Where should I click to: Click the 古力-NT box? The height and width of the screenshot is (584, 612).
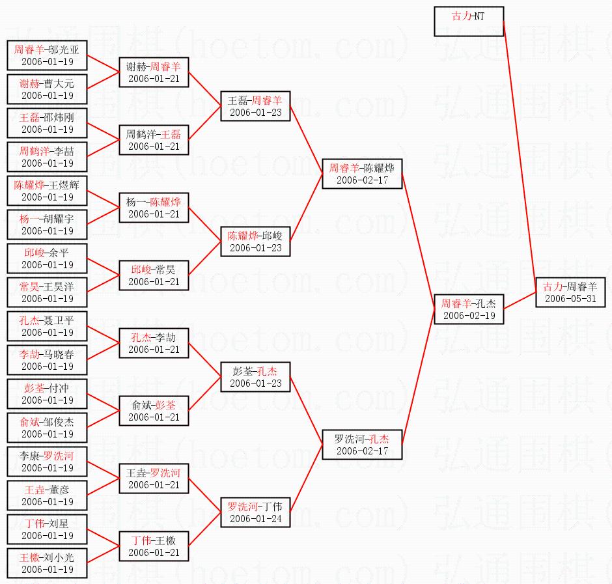click(x=469, y=21)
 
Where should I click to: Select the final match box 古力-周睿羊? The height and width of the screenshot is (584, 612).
click(x=570, y=292)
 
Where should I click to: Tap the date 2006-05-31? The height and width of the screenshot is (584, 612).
click(x=570, y=299)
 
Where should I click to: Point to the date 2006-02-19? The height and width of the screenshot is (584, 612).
click(x=469, y=316)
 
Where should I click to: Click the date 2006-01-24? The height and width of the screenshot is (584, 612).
click(x=255, y=519)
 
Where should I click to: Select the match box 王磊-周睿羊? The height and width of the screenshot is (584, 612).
click(x=255, y=106)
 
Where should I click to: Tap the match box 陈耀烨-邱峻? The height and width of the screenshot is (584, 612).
click(x=255, y=242)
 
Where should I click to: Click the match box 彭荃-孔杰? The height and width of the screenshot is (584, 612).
click(x=255, y=377)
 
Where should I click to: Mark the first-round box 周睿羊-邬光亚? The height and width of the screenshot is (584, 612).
click(x=47, y=55)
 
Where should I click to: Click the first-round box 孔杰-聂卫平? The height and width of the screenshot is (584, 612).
click(x=47, y=326)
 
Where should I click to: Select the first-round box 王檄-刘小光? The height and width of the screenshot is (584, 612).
click(x=47, y=563)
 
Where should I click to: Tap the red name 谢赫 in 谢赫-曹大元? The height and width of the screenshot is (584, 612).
click(x=29, y=83)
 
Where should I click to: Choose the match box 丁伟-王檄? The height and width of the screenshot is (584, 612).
click(x=154, y=546)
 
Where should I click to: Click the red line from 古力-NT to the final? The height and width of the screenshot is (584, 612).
click(x=520, y=150)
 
